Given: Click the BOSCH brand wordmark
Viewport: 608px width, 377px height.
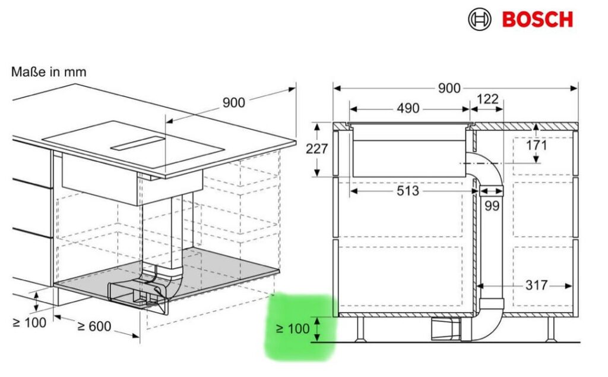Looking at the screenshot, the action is point(537,20).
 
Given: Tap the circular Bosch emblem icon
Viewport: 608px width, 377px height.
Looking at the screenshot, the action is point(480,20).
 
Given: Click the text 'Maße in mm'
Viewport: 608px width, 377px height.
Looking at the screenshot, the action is point(49,72).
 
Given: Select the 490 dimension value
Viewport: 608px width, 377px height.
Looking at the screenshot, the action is point(408,108).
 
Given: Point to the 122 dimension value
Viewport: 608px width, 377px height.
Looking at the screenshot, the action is point(487,99).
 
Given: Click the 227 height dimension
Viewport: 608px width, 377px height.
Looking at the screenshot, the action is point(317,149).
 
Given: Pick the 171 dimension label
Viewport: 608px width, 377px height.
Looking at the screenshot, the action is point(536,146).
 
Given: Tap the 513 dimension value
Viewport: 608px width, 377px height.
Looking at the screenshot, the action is point(408,191).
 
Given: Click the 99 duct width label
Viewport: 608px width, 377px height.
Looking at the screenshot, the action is point(492,206).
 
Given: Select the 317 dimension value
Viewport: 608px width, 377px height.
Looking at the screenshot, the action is point(537,286).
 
